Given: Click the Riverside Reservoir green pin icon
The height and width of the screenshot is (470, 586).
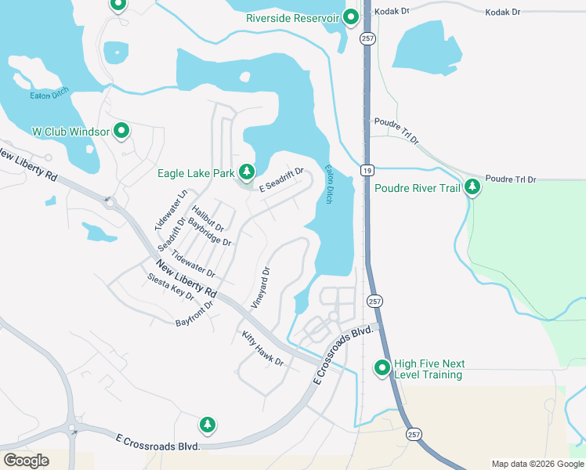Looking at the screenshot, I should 350,17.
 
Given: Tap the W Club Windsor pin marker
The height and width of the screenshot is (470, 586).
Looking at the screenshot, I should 121,131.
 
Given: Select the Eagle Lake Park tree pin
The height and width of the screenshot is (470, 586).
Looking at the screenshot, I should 247,172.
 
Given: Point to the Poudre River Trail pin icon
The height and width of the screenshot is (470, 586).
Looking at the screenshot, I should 472,187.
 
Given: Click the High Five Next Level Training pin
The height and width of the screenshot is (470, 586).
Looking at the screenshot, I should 382,367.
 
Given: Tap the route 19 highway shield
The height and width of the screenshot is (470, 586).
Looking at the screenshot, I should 366,169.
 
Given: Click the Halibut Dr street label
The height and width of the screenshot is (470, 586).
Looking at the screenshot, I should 208,216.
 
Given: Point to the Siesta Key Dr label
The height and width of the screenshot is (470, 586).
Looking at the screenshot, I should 170,287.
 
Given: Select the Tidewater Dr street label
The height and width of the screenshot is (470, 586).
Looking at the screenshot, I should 194,263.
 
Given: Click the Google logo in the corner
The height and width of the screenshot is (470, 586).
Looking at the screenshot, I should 26,460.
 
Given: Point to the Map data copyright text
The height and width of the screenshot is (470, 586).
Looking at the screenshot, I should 537,464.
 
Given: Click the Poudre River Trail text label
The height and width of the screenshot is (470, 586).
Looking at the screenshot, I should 416,188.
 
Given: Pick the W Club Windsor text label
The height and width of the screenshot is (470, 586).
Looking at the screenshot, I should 71,132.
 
